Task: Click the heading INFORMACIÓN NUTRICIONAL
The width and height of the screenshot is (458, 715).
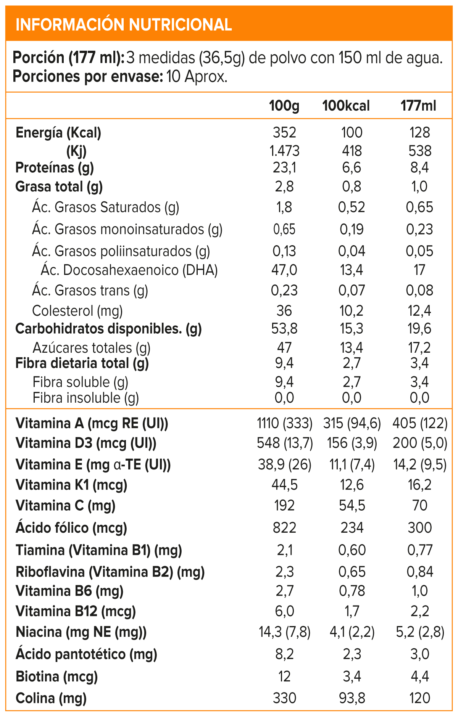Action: click(124, 25)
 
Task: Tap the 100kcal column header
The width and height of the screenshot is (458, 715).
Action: click(346, 106)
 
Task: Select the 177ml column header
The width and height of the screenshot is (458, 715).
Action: click(418, 106)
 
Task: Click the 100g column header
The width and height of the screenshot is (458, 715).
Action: click(284, 106)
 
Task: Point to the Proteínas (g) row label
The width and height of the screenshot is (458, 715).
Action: click(55, 167)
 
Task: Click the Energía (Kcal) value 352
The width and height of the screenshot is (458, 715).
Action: click(284, 133)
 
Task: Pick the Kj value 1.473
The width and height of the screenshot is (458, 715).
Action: click(284, 151)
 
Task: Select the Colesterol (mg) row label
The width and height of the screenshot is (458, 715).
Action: click(77, 311)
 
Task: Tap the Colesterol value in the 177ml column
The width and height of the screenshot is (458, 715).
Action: click(419, 311)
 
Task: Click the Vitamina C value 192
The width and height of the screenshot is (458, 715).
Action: click(284, 506)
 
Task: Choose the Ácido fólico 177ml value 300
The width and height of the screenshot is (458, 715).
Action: click(419, 528)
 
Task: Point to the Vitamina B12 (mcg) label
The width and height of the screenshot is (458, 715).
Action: click(76, 611)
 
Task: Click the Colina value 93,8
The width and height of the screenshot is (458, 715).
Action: click(352, 698)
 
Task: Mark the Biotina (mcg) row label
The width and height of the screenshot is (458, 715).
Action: click(57, 677)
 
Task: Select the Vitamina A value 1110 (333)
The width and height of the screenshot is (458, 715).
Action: click(285, 423)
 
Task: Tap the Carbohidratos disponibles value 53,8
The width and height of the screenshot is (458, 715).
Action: click(284, 328)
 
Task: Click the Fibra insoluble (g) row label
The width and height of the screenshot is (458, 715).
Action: click(86, 398)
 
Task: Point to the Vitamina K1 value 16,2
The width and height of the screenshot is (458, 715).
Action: click(419, 485)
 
